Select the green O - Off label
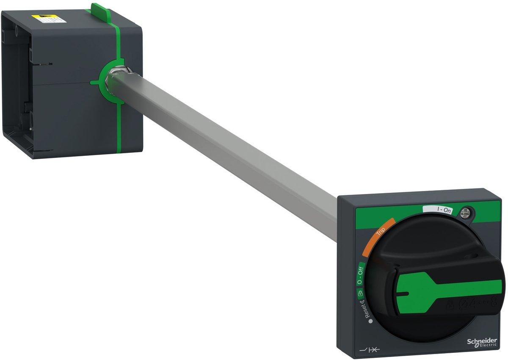361,275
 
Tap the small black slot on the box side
44,64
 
